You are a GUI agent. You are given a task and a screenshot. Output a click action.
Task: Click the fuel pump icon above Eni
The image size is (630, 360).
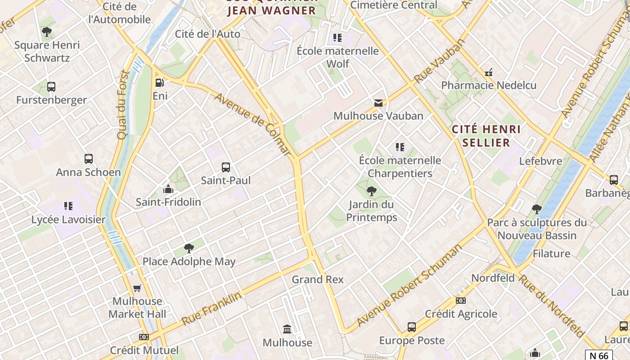click(159, 82)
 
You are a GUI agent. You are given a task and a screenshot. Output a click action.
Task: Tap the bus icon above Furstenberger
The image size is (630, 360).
click(51, 86)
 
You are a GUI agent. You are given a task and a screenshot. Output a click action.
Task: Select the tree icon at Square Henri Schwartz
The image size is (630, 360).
click(46, 31)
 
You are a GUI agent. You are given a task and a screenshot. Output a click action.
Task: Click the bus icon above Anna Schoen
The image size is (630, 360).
click(89, 158)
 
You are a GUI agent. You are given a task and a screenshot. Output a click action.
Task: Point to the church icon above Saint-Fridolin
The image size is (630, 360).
click(168, 189)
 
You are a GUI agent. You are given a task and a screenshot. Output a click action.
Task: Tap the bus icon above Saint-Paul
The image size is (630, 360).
click(226, 167)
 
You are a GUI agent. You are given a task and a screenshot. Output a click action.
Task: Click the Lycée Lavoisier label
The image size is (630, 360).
click(68, 220)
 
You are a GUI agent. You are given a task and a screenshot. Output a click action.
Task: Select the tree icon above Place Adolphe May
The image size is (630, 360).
click(189, 248)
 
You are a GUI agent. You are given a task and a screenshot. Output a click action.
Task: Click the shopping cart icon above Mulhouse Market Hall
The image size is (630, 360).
click(137, 288)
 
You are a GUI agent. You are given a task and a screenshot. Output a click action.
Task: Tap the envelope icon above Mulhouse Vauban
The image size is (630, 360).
click(378, 103)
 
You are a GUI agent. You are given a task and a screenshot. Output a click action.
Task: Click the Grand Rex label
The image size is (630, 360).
click(318, 279)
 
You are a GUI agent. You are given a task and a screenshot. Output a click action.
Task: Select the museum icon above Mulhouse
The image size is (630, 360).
click(287, 329)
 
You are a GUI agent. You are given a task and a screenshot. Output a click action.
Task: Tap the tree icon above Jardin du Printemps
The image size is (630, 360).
click(372, 191)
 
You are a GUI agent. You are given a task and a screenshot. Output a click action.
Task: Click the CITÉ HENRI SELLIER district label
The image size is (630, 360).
click(486, 136)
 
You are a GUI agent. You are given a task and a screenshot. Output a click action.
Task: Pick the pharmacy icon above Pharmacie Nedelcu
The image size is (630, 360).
click(489, 72)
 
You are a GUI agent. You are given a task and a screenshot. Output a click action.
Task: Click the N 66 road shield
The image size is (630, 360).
click(599, 355)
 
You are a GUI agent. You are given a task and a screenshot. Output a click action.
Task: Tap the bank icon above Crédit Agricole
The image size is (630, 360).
click(460, 300)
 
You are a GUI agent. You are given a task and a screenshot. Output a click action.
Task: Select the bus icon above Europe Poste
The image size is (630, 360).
click(411, 327)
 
